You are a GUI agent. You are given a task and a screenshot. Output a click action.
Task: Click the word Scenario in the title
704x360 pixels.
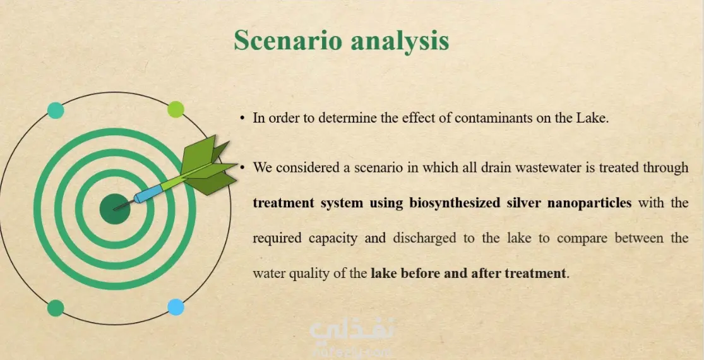pyautogui.click(x=287, y=40)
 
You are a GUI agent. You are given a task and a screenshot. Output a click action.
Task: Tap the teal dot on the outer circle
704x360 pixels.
pyautogui.click(x=56, y=111)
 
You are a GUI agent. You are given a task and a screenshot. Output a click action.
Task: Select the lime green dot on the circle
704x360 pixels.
pyautogui.click(x=176, y=109)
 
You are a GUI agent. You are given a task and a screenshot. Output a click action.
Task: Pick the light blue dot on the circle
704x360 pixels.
pyautogui.click(x=176, y=307)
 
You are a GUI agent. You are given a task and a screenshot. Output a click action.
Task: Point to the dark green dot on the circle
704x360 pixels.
pyautogui.click(x=56, y=308)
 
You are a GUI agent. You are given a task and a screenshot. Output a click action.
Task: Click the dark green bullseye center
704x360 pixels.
pyautogui.click(x=114, y=208)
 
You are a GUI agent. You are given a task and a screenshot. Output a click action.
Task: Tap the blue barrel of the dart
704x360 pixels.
pyautogui.click(x=148, y=194)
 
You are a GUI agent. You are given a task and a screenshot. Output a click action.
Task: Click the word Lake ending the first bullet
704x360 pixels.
pyautogui.click(x=593, y=119)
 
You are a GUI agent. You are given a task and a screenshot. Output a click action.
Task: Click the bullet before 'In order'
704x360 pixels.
pyautogui.click(x=242, y=119)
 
